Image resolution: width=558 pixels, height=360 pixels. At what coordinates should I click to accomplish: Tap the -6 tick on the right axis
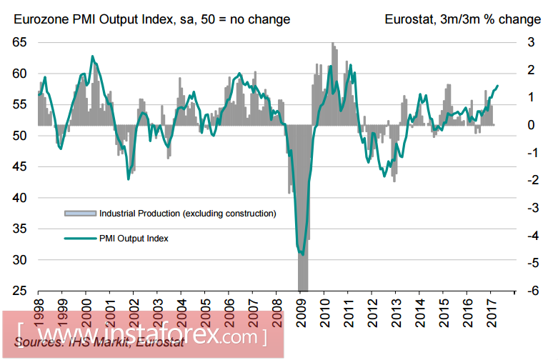coord(532,291)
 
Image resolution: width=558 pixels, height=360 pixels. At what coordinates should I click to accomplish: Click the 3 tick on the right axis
coord(532,42)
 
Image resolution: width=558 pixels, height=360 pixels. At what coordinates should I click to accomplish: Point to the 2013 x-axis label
coord(394,309)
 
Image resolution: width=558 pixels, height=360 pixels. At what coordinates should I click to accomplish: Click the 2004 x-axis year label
coord(180,309)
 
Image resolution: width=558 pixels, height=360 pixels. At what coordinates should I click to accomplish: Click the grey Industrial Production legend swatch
coord(79,213)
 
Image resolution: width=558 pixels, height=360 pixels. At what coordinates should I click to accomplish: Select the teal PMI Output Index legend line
coord(79,239)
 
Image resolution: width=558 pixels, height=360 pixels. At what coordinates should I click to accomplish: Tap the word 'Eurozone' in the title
coord(39,19)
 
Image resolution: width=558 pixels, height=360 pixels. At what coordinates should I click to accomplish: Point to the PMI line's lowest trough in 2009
coord(303,254)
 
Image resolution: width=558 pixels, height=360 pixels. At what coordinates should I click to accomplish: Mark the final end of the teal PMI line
coord(498,86)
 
